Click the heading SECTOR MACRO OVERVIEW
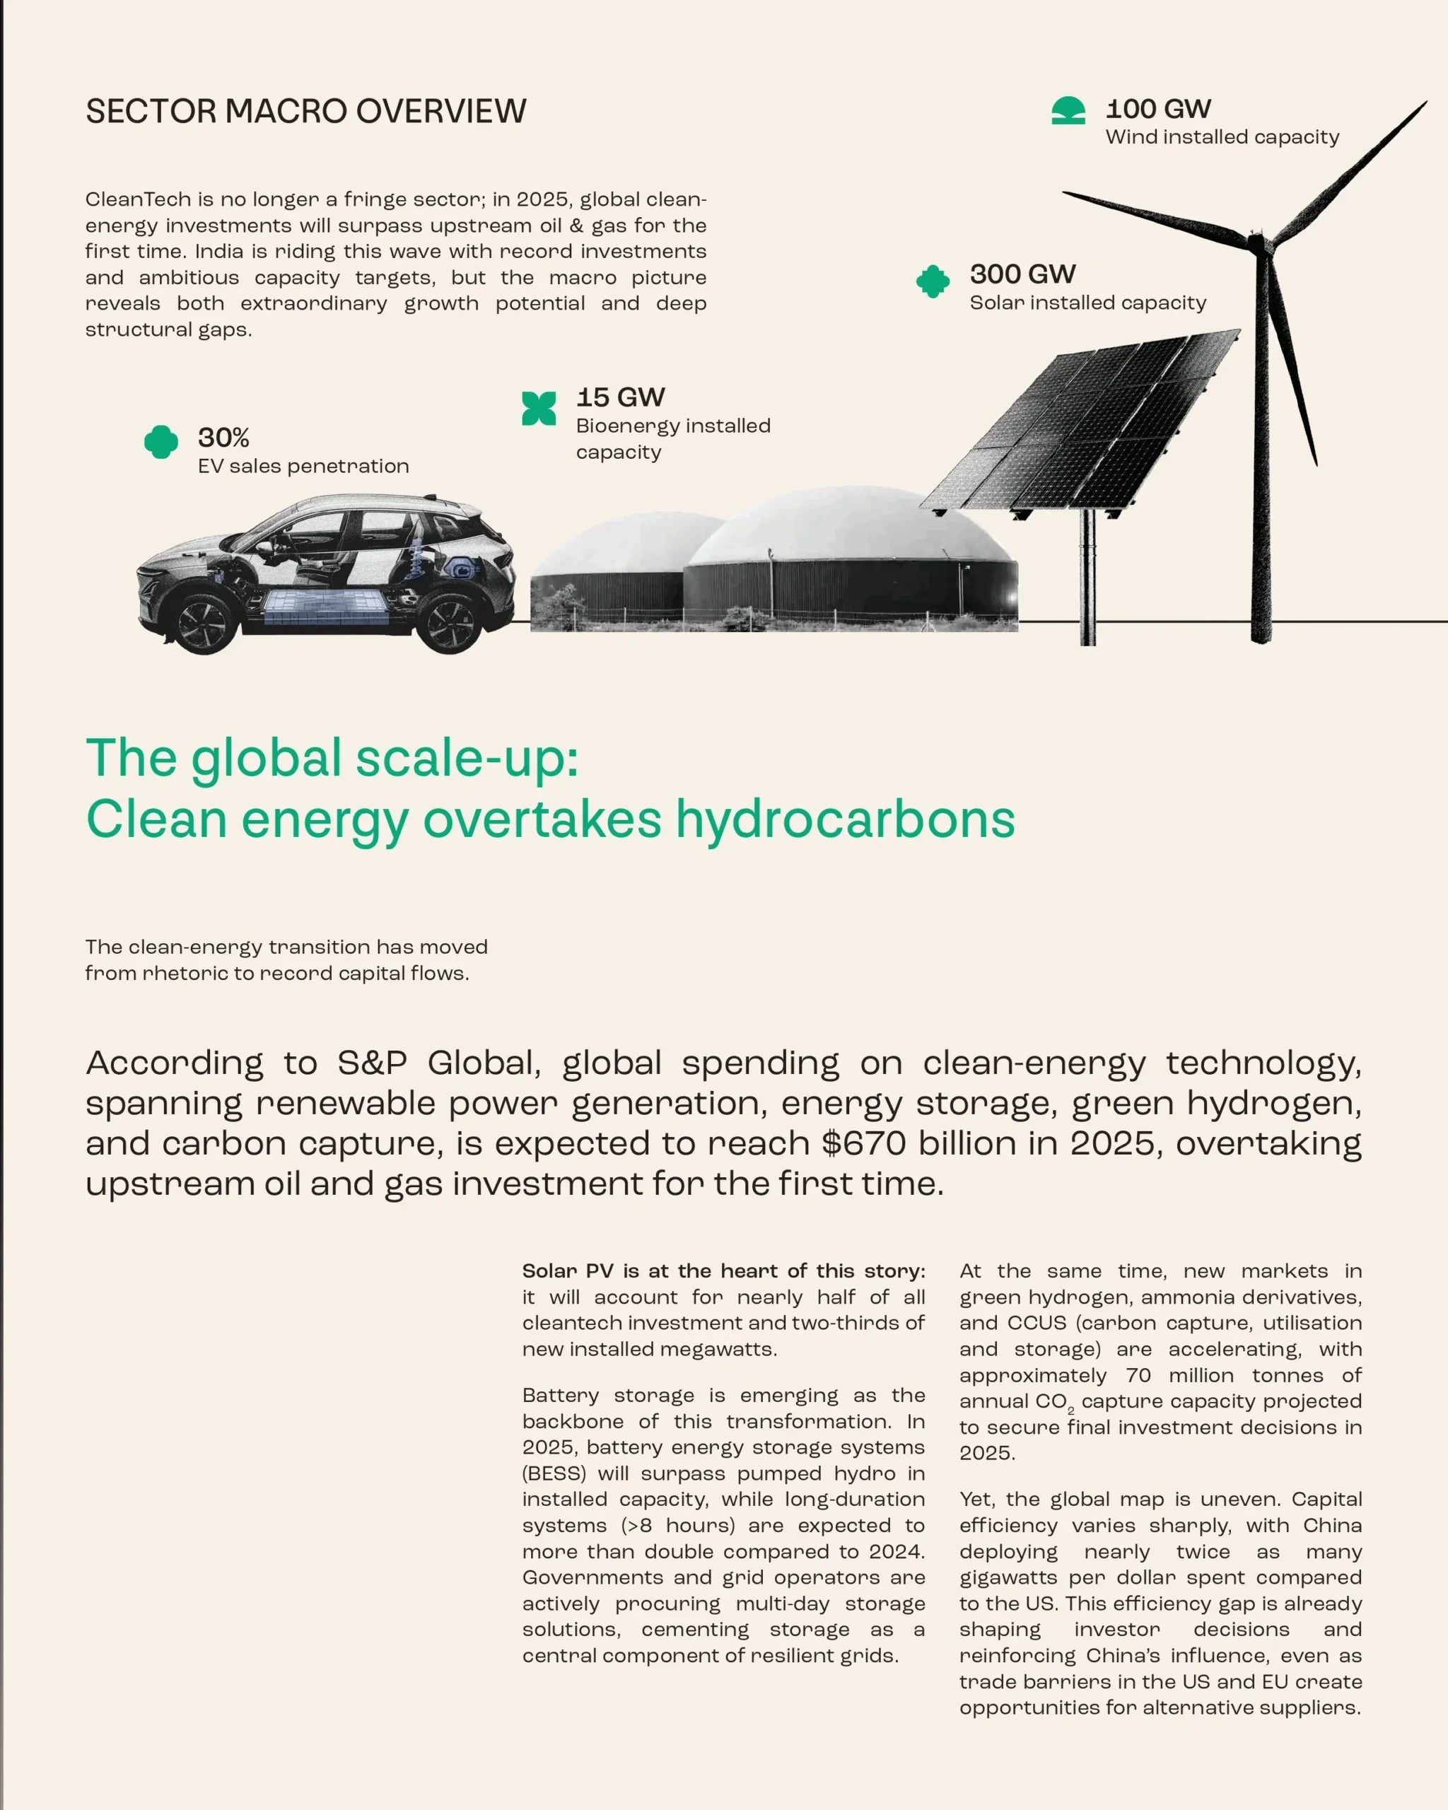coord(305,112)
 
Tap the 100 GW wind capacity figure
coord(1157,109)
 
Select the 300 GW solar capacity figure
coord(1022,274)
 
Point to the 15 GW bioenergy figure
coord(619,397)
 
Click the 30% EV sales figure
coord(223,438)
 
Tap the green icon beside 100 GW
coord(1068,111)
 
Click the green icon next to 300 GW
coord(933,281)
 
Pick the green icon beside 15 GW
coord(539,409)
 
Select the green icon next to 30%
coord(161,442)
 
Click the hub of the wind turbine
coord(1256,245)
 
